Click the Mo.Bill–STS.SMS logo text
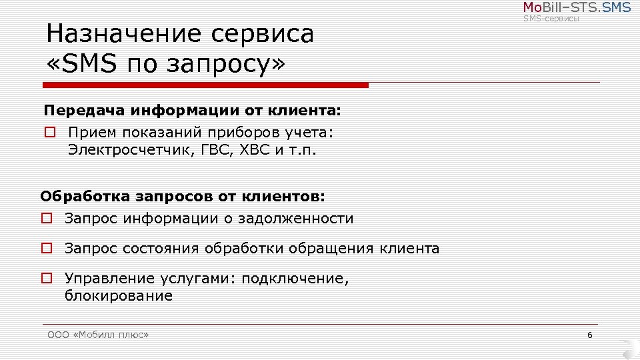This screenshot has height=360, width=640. pyautogui.click(x=577, y=8)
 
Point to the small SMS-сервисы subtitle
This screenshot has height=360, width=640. pyautogui.click(x=551, y=19)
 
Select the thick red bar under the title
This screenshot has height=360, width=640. pyautogui.click(x=205, y=85)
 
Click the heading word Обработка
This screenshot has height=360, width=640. pyautogui.click(x=85, y=197)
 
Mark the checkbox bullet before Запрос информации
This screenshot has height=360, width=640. pyautogui.click(x=46, y=218)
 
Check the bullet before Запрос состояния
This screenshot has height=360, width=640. pyautogui.click(x=46, y=249)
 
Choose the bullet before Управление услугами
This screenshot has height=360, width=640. pyautogui.click(x=46, y=279)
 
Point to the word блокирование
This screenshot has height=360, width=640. pyautogui.click(x=119, y=296)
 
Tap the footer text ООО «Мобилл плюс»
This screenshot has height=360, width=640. pyautogui.click(x=98, y=335)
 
